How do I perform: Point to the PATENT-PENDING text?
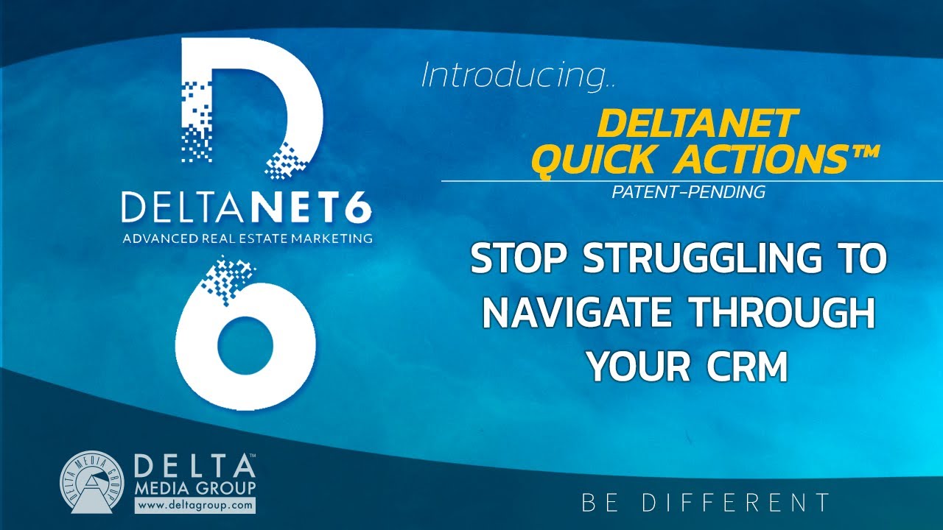tap(688, 193)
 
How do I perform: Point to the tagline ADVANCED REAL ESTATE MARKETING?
tap(247, 238)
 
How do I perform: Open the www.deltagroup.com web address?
tap(194, 506)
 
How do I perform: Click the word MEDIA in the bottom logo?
tap(167, 489)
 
